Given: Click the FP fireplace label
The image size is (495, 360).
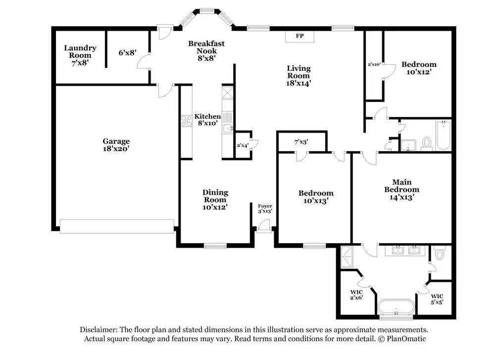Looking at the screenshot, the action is tap(299, 36).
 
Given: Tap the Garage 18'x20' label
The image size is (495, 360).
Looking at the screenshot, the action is tap(116, 145).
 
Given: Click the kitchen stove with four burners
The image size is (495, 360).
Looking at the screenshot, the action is tap(186, 121).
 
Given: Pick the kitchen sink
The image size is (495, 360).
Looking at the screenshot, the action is tap(227, 129).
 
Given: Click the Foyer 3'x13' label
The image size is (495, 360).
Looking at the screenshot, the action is tap(265, 209).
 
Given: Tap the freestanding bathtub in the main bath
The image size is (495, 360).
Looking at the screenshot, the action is tap(396, 307).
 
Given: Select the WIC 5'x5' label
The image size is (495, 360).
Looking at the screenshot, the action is tap(437, 299).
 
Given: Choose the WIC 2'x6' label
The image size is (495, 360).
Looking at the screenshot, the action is tap(356, 295).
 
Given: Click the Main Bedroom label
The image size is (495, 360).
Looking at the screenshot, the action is tap(402, 190).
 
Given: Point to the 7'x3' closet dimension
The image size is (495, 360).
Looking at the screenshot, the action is tap(301, 142).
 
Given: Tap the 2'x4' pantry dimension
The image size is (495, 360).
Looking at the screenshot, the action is tap(243, 146).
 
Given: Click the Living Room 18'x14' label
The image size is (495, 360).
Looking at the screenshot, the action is tap(298, 76).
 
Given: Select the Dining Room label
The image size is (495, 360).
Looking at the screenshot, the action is tap(215, 200).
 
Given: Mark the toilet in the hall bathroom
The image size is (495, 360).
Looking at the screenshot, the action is tap(427, 143).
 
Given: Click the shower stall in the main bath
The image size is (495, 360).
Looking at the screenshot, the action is tap(347, 257).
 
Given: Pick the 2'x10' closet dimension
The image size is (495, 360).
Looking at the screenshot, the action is tap(374, 64).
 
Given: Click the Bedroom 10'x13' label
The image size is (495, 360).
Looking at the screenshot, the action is tap(316, 197).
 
